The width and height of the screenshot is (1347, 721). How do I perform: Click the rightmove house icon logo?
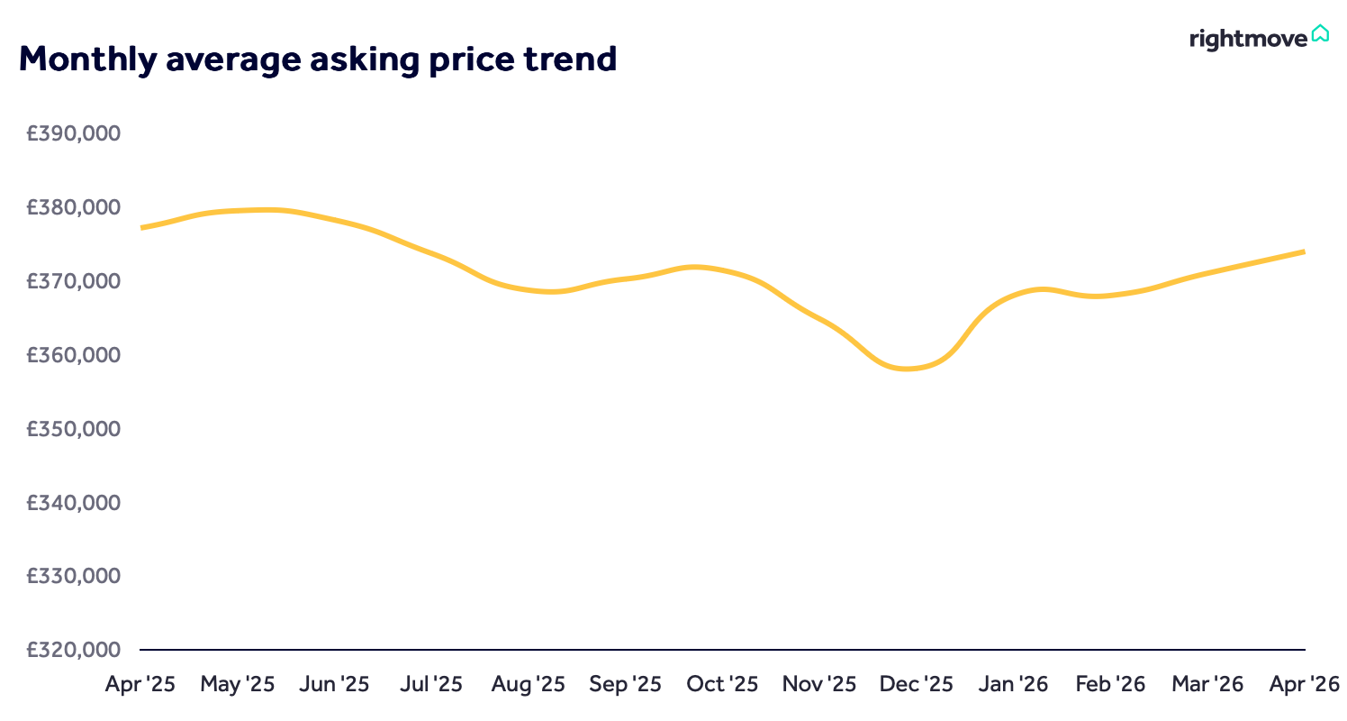pyautogui.click(x=1320, y=33)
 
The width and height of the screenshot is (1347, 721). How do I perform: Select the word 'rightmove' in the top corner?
pyautogui.click(x=1248, y=39)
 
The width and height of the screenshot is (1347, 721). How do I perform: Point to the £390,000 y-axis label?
pyautogui.click(x=74, y=133)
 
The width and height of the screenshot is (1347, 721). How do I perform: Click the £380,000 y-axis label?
pyautogui.click(x=74, y=207)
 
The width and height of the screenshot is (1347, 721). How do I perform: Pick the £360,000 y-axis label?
pyautogui.click(x=74, y=354)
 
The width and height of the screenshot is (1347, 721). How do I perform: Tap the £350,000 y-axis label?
pyautogui.click(x=74, y=428)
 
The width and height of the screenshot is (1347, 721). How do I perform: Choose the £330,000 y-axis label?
pyautogui.click(x=74, y=575)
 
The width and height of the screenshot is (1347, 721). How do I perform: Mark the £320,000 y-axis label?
pyautogui.click(x=74, y=649)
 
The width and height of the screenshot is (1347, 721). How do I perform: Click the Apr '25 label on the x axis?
pyautogui.click(x=140, y=684)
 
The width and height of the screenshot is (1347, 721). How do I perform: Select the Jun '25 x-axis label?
pyautogui.click(x=334, y=684)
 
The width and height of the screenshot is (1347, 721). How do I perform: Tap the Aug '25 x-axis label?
pyautogui.click(x=529, y=684)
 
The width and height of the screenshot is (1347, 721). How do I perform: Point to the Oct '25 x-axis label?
pyautogui.click(x=722, y=684)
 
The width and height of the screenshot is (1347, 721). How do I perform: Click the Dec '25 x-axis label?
pyautogui.click(x=917, y=684)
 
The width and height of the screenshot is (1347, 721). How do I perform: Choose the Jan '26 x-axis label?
pyautogui.click(x=1013, y=684)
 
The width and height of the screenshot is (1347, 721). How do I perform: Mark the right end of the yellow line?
pyautogui.click(x=1303, y=251)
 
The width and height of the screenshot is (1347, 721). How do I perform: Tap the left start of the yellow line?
pyautogui.click(x=142, y=228)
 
